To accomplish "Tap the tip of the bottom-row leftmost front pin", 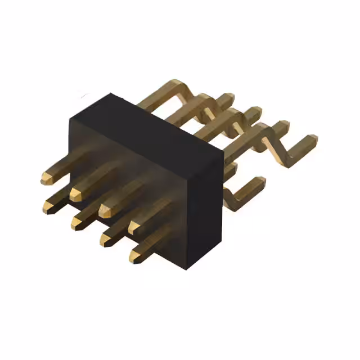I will click(x=47, y=209).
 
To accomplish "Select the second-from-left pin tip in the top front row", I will click(x=75, y=194).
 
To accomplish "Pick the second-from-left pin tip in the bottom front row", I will click(x=76, y=223).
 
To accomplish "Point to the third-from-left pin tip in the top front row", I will click(x=105, y=210).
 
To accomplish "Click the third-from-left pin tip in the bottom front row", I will click(x=106, y=240).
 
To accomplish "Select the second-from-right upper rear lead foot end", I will click(x=282, y=125).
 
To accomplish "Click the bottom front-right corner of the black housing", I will click(x=187, y=268).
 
